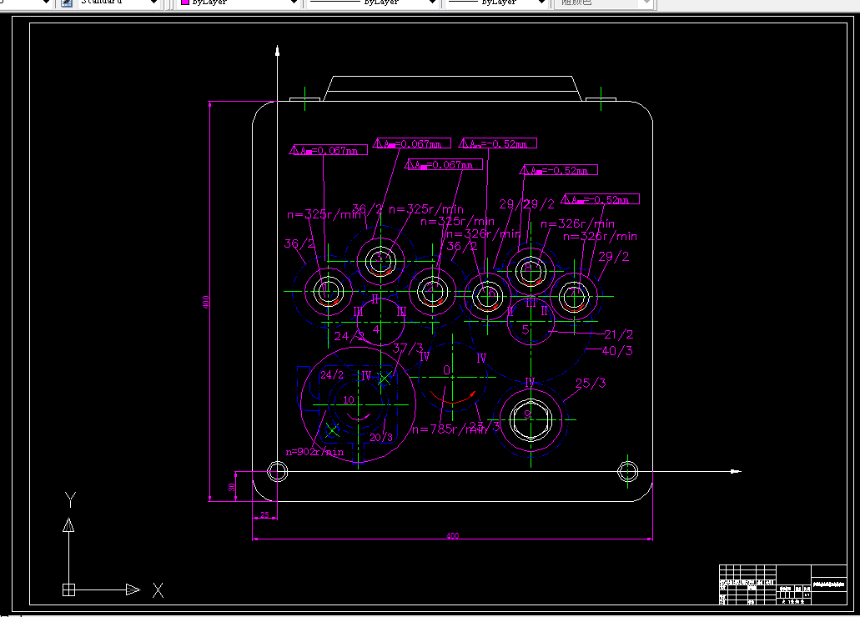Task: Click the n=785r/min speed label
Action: coord(448,429)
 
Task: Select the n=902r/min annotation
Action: coord(314,452)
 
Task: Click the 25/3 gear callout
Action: coord(591,384)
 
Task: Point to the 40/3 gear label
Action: coord(617,351)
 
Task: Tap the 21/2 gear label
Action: coord(619,334)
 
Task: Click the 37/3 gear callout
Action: coord(408,348)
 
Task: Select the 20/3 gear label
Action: coord(381,437)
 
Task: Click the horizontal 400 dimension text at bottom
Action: coord(452,536)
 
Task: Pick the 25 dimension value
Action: coord(264,515)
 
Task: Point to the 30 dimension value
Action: coord(232,487)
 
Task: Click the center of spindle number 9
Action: coord(528,414)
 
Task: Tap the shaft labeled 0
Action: coord(447,370)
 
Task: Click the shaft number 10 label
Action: coord(349,400)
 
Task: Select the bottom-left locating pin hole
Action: coord(277,472)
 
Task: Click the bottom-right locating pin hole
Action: coord(627,472)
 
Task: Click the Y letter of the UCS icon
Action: coord(71,499)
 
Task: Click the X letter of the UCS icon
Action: coord(158,590)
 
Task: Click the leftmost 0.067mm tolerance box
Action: coord(329,151)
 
